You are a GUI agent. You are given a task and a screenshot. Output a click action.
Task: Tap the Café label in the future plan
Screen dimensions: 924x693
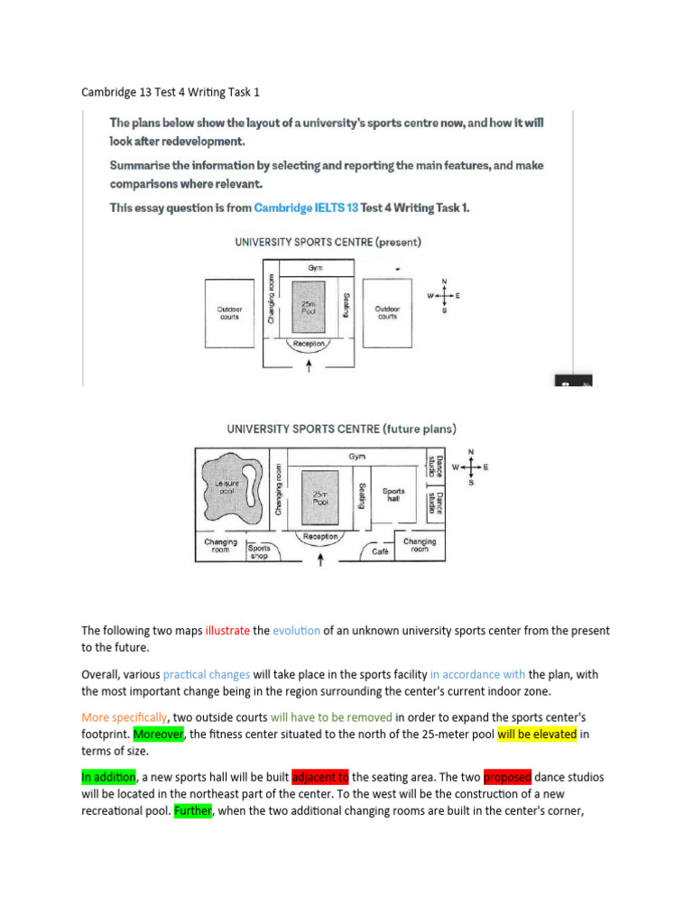click(379, 550)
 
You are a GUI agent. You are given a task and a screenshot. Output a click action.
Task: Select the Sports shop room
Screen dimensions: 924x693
click(259, 551)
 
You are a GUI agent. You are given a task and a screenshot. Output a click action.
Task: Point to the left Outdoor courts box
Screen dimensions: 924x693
click(230, 313)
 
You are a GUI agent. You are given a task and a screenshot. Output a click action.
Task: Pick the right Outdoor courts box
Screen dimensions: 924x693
click(386, 312)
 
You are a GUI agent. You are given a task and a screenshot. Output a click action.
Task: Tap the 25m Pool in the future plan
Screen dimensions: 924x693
click(319, 497)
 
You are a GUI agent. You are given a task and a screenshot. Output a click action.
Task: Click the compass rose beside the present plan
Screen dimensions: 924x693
click(443, 295)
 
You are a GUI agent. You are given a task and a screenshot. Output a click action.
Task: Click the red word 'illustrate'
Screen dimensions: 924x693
click(227, 631)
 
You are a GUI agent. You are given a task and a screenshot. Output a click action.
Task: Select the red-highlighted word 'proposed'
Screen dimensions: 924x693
click(507, 777)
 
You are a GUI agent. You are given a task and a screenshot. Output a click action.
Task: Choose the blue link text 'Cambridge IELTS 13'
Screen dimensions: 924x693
click(305, 208)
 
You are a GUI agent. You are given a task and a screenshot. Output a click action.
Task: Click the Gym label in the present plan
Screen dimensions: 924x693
click(315, 268)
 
